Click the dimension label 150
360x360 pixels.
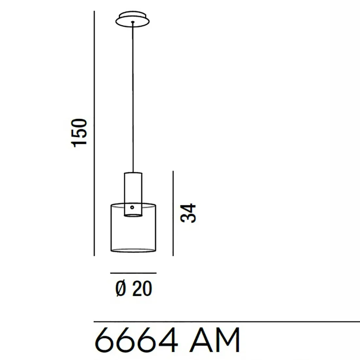pyautogui.click(x=80, y=132)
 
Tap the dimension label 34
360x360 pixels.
pyautogui.click(x=189, y=213)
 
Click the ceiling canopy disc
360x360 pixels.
pyautogui.click(x=133, y=19)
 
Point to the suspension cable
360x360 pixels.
pyautogui.click(x=133, y=98)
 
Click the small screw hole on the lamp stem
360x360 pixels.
pyautogui.click(x=132, y=207)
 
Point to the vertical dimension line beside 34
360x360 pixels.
pyautogui.click(x=173, y=213)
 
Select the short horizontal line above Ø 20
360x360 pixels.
pyautogui.click(x=133, y=273)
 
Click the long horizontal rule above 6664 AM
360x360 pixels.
pyautogui.click(x=226, y=322)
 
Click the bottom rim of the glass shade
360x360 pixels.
pyautogui.click(x=133, y=251)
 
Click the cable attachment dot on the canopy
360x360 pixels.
pyautogui.click(x=133, y=22)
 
